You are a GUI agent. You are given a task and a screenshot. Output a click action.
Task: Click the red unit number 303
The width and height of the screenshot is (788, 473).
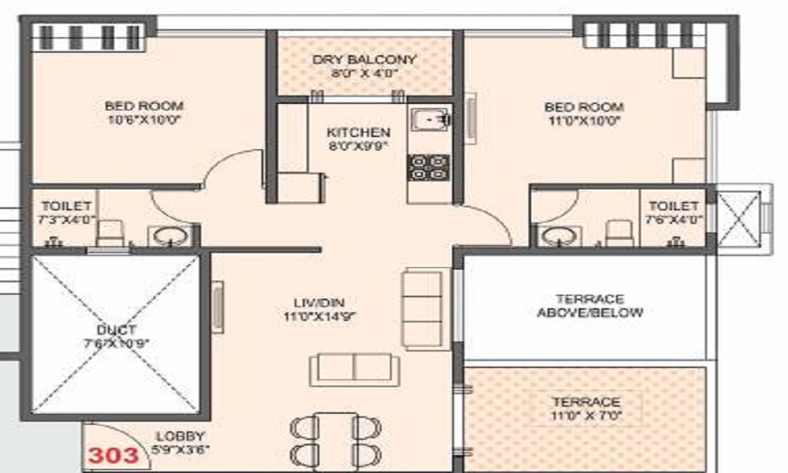coord(114,455)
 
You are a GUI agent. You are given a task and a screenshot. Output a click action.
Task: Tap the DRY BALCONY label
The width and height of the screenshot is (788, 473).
coord(364,60)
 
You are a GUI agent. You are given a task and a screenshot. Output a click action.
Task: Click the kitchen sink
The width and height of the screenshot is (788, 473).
coord(429,119)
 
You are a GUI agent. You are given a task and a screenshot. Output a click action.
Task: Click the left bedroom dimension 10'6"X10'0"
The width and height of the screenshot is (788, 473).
coord(144,120)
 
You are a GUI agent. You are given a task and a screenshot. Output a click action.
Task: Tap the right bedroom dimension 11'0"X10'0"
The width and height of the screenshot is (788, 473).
coord(584,121)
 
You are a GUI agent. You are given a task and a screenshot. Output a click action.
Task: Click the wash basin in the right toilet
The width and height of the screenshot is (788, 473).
coord(559,235)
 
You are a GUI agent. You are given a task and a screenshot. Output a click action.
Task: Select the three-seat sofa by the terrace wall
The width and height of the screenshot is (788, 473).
coord(422,308)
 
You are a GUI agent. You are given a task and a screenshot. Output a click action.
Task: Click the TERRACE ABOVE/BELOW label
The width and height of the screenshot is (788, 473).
coord(589,306)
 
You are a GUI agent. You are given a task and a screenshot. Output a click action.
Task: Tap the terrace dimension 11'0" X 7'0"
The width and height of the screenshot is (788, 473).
coord(586,415)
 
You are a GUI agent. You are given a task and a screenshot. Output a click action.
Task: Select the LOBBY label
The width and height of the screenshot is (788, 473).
coord(180,436)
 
